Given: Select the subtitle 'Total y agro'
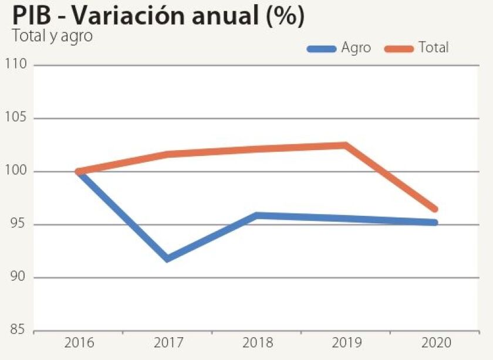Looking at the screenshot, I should pyautogui.click(x=52, y=35).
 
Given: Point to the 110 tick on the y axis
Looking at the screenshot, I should pyautogui.click(x=16, y=64).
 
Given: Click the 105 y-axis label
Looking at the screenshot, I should pyautogui.click(x=16, y=118).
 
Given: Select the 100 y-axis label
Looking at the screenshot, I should pyautogui.click(x=16, y=171).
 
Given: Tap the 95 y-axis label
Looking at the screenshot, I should pyautogui.click(x=19, y=225).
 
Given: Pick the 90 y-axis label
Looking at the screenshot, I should pyautogui.click(x=19, y=277).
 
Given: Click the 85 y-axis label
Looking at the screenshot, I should pyautogui.click(x=19, y=330).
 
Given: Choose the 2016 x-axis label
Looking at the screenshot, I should pyautogui.click(x=78, y=343).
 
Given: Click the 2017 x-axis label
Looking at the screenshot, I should pyautogui.click(x=167, y=343).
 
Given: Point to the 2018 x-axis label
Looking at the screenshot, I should pyautogui.click(x=256, y=343).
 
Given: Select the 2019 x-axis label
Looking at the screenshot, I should pyautogui.click(x=346, y=343).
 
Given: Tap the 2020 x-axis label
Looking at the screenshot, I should pyautogui.click(x=435, y=343).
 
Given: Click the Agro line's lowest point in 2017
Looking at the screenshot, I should pyautogui.click(x=168, y=258).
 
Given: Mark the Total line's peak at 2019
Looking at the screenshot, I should pyautogui.click(x=345, y=145).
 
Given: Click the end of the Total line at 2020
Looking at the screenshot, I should pyautogui.click(x=434, y=209).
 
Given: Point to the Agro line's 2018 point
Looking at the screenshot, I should pyautogui.click(x=256, y=216).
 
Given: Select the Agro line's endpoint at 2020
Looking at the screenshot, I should pyautogui.click(x=434, y=222).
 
